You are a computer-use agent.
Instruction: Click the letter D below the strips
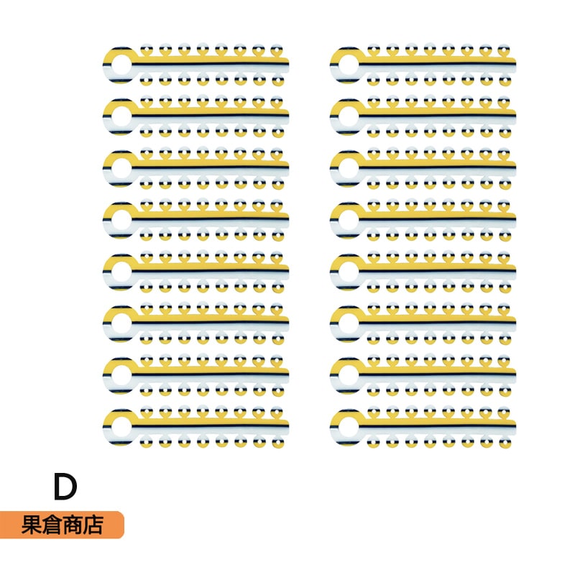(x=65, y=487)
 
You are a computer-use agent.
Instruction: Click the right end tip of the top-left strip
(x=287, y=63)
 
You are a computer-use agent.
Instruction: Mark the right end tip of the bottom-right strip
(x=515, y=425)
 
